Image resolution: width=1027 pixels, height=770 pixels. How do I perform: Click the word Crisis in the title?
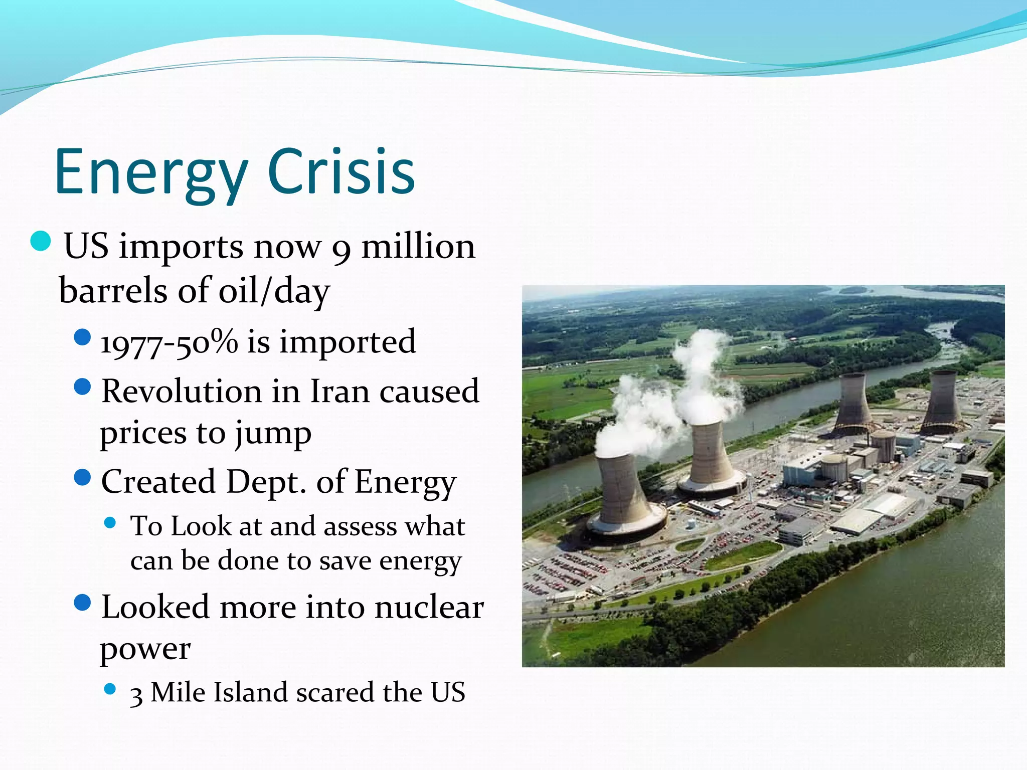pos(341,172)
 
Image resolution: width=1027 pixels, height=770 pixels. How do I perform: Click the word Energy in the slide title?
pos(150,172)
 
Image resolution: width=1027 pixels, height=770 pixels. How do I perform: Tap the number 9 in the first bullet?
pos(341,249)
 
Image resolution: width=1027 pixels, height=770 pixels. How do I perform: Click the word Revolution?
pos(182,392)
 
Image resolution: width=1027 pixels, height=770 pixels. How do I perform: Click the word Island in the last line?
pos(251,693)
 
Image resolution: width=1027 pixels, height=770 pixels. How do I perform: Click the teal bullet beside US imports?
pos(41,241)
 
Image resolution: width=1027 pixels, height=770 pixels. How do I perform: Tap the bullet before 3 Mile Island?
pos(110,689)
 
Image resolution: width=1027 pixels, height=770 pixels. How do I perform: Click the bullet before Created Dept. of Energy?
pos(82,477)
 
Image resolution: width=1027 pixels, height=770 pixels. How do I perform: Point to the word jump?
pos(273,434)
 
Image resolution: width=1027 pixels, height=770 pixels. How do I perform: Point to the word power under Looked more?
pos(145,650)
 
